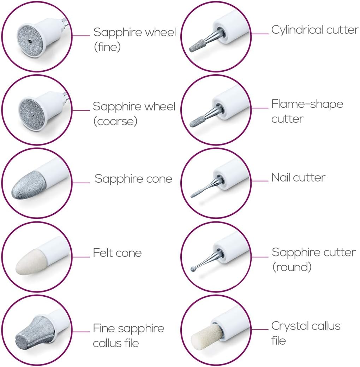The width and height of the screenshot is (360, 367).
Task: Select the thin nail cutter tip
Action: click(195, 194)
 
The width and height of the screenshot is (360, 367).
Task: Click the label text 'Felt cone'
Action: click(117, 253)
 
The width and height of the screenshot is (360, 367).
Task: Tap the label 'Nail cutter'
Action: click(298, 177)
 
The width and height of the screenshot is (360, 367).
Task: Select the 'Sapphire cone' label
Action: click(133, 179)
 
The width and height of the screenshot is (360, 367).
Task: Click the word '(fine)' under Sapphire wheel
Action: click(107, 47)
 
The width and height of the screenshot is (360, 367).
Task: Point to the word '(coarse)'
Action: click(115, 121)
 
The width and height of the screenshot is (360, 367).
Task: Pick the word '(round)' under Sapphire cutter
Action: click(292, 267)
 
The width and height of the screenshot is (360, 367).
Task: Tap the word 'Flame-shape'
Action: click(307, 104)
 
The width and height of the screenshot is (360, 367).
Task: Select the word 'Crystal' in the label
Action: click(292, 326)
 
